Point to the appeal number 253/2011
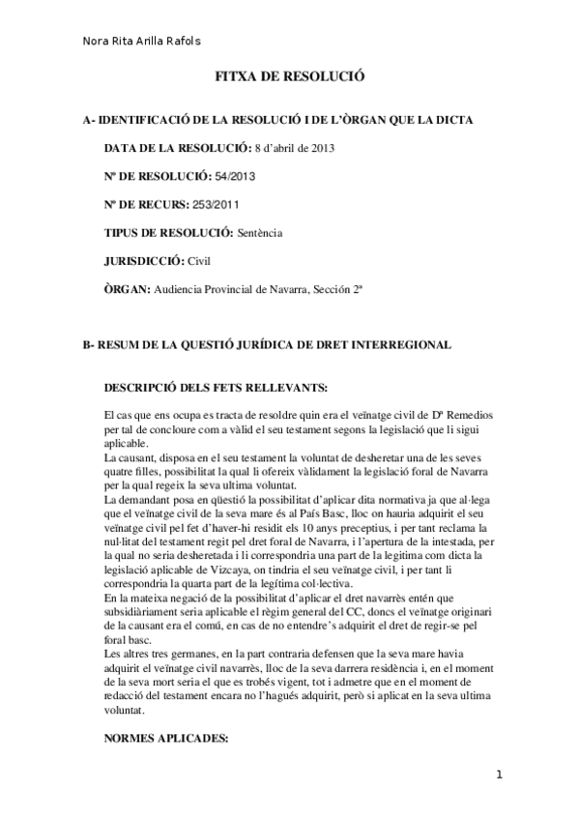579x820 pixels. tap(217, 205)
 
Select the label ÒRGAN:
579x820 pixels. tap(126, 289)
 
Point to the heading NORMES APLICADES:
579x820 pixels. tap(164, 737)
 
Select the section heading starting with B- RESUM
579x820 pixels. tap(266, 345)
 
